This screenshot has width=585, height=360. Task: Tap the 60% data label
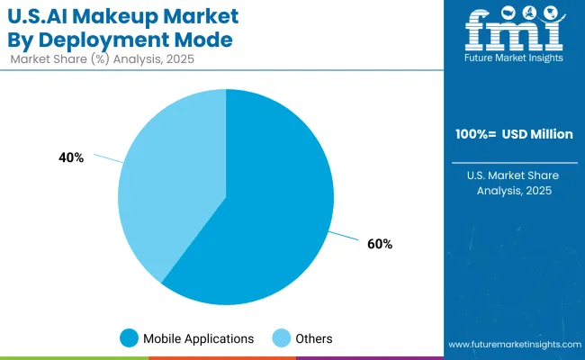[380, 244]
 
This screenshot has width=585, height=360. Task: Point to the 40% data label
[71, 157]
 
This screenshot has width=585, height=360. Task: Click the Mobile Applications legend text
[198, 338]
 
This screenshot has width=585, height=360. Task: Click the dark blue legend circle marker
[130, 338]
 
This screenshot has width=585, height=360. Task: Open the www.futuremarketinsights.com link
[514, 345]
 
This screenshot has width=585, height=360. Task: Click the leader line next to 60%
[345, 237]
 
